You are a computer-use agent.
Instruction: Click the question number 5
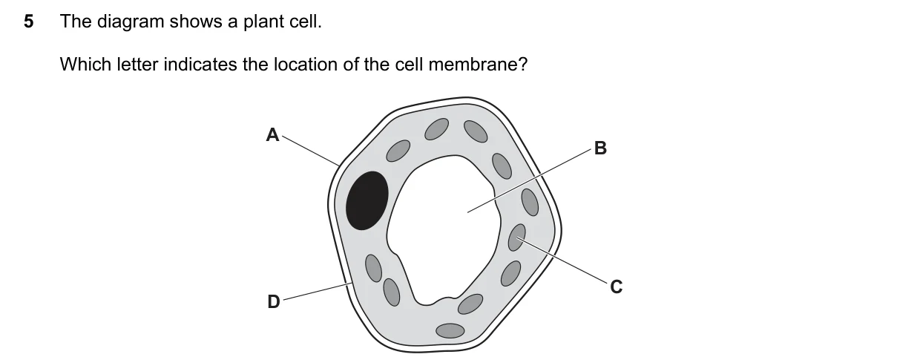28,22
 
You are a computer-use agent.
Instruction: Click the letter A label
273,135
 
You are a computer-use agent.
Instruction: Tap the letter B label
600,148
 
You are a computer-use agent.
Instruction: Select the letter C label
617,287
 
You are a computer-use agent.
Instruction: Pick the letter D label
274,301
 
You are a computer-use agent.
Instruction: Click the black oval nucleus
367,200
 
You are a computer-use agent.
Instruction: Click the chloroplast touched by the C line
517,238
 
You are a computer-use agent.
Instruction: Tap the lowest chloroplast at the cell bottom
450,331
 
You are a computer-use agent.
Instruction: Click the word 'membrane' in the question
470,65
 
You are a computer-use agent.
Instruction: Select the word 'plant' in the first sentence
260,22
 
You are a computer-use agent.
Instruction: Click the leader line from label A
311,151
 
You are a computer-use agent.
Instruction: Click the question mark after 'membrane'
522,65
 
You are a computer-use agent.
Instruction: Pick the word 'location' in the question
306,65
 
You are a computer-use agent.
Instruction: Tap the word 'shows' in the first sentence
196,22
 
